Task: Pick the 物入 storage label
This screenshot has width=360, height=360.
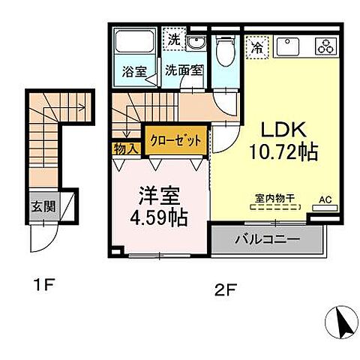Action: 126,148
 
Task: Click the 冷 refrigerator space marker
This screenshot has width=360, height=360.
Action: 256,46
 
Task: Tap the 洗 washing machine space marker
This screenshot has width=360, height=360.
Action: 174,39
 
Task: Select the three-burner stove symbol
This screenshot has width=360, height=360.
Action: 328,46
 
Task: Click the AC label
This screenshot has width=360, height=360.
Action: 325,199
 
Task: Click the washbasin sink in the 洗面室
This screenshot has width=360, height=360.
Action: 196,44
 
